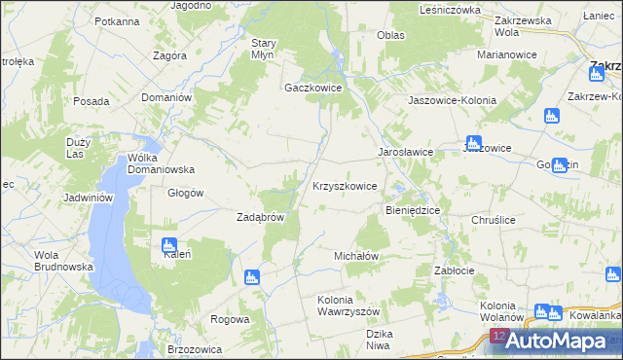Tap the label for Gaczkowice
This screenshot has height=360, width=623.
(312, 88)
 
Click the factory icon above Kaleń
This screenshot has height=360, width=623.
(168, 243)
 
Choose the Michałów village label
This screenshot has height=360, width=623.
(355, 255)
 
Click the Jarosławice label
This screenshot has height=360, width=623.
(405, 153)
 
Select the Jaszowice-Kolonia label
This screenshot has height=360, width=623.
(452, 100)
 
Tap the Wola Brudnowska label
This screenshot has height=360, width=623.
(63, 261)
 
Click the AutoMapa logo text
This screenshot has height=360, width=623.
(565, 342)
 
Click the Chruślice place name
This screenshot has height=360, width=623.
(492, 221)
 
